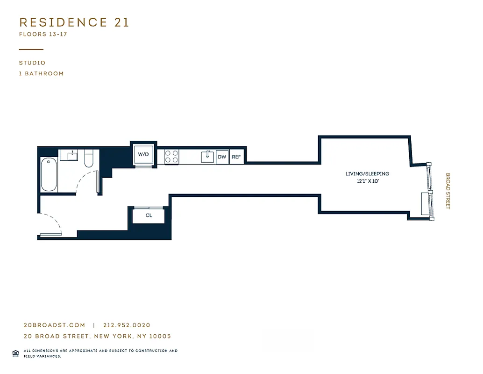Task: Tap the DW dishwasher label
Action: point(222,157)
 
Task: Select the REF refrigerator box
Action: point(236,157)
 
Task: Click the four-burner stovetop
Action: point(171,156)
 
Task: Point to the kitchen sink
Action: point(207,157)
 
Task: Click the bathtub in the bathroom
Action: point(49,175)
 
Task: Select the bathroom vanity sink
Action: point(72,155)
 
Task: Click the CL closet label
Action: point(149,216)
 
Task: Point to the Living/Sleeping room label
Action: point(367,174)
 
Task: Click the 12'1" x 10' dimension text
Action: point(367,181)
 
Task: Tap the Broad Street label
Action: point(447,191)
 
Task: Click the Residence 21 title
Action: point(74,22)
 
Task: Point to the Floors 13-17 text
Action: point(43,34)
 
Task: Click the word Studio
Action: point(32,63)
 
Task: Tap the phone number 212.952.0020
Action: point(127,325)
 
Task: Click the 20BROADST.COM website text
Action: point(54,325)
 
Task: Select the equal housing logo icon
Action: point(15,353)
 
